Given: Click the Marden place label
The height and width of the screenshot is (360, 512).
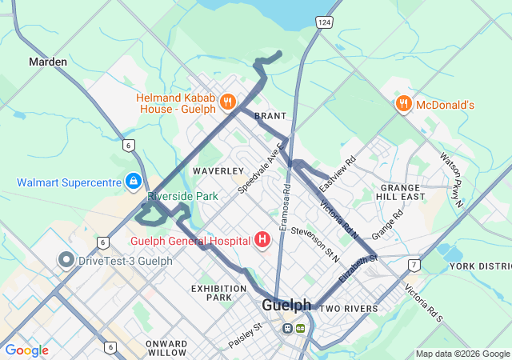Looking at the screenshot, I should [x=48, y=62].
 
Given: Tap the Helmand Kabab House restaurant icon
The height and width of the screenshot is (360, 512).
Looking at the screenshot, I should [x=228, y=102].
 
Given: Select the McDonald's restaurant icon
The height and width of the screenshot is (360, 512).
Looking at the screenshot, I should [x=403, y=104].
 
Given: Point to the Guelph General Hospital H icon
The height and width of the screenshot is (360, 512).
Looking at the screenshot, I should [x=262, y=239].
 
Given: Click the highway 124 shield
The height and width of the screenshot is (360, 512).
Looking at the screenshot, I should [x=323, y=22].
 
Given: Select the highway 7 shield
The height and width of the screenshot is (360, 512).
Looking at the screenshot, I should [x=413, y=265].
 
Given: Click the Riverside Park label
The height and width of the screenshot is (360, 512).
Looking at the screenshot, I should [x=182, y=196].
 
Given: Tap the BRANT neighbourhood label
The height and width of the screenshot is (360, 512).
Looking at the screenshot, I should [x=270, y=117].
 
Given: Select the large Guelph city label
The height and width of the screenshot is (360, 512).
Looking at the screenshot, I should [x=286, y=306].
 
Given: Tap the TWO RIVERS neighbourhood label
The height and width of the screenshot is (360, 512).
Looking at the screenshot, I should [x=349, y=309].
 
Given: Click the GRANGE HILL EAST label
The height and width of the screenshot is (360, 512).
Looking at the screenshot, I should [x=402, y=190].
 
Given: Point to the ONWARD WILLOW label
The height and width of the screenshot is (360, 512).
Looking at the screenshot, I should [x=166, y=347].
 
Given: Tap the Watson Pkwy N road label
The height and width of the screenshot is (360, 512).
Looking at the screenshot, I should [x=452, y=181].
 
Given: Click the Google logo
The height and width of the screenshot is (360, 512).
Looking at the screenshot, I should [x=26, y=350].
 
